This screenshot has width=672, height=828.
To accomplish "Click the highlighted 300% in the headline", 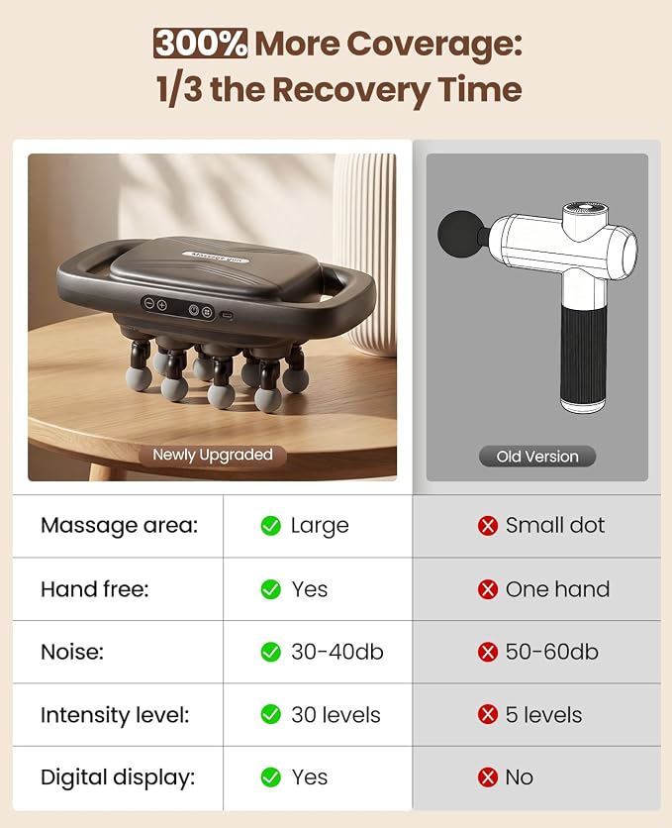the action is pos(201,44).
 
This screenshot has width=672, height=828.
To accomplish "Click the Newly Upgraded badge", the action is pos(213,455).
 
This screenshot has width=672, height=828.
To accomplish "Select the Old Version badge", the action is pos(537,457).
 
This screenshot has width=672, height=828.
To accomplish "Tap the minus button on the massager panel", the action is pos(148,304).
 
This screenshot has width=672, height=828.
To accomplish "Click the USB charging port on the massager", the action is pos(227,315).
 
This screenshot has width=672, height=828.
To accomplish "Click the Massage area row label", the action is pos(119,525).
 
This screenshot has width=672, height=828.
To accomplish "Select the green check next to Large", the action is pos(270,525).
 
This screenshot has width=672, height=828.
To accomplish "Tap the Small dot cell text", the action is pos(555,525).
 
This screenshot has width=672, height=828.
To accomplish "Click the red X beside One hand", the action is pos(487,589).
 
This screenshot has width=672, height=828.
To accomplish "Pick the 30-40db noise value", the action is pos(337,652).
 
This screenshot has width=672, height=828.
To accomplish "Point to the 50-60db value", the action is pos(551,652).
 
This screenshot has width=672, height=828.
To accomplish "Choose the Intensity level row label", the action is pos(115,715).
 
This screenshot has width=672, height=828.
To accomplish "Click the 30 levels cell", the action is pos(336,715).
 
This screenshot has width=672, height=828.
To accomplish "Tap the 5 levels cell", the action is pos(543,715).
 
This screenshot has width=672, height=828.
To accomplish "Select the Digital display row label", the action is pos(118,777).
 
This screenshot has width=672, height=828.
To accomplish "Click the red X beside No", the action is pos(487,777).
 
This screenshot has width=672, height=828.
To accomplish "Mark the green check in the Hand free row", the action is pos(270,589).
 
